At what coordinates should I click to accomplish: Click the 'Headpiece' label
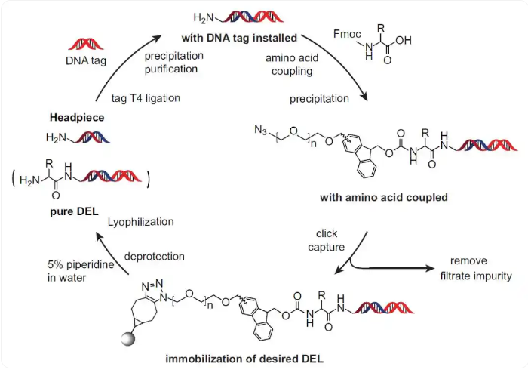click(77, 117)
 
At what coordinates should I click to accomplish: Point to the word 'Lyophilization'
click(141, 222)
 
